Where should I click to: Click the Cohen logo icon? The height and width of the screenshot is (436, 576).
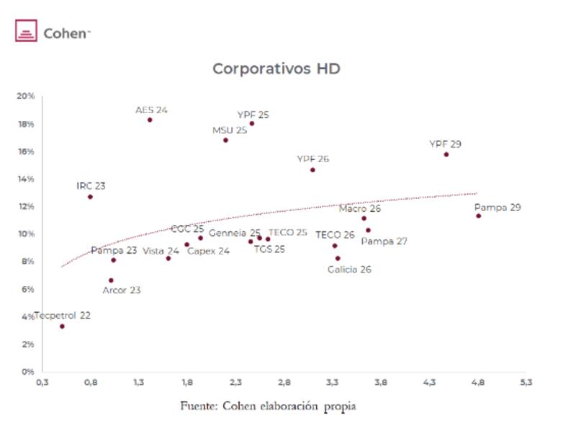[x=26, y=32]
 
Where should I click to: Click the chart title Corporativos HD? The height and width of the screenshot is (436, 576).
[x=276, y=69]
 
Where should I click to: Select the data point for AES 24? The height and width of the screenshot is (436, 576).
[x=150, y=120]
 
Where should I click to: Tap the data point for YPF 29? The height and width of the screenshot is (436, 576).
[x=446, y=154]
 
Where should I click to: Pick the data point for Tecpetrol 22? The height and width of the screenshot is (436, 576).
[x=62, y=326]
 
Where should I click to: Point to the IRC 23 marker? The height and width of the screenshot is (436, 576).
[x=90, y=197]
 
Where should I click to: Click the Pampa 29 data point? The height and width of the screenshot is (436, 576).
[x=478, y=215]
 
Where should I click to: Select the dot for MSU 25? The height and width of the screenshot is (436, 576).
[x=225, y=140]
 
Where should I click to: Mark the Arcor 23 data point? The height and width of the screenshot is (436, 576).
[x=111, y=280]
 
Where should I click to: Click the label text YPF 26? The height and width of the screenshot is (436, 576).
[x=312, y=159]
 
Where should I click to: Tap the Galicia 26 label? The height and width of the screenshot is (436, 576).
[x=349, y=270]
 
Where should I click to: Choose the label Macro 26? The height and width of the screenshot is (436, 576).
[x=359, y=208]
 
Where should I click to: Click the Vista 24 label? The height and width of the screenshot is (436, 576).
[x=161, y=251]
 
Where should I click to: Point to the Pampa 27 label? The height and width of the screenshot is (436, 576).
[x=384, y=241]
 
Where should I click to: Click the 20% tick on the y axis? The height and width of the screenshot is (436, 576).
[x=26, y=97]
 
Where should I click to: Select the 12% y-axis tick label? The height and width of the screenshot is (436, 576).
[x=26, y=207]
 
